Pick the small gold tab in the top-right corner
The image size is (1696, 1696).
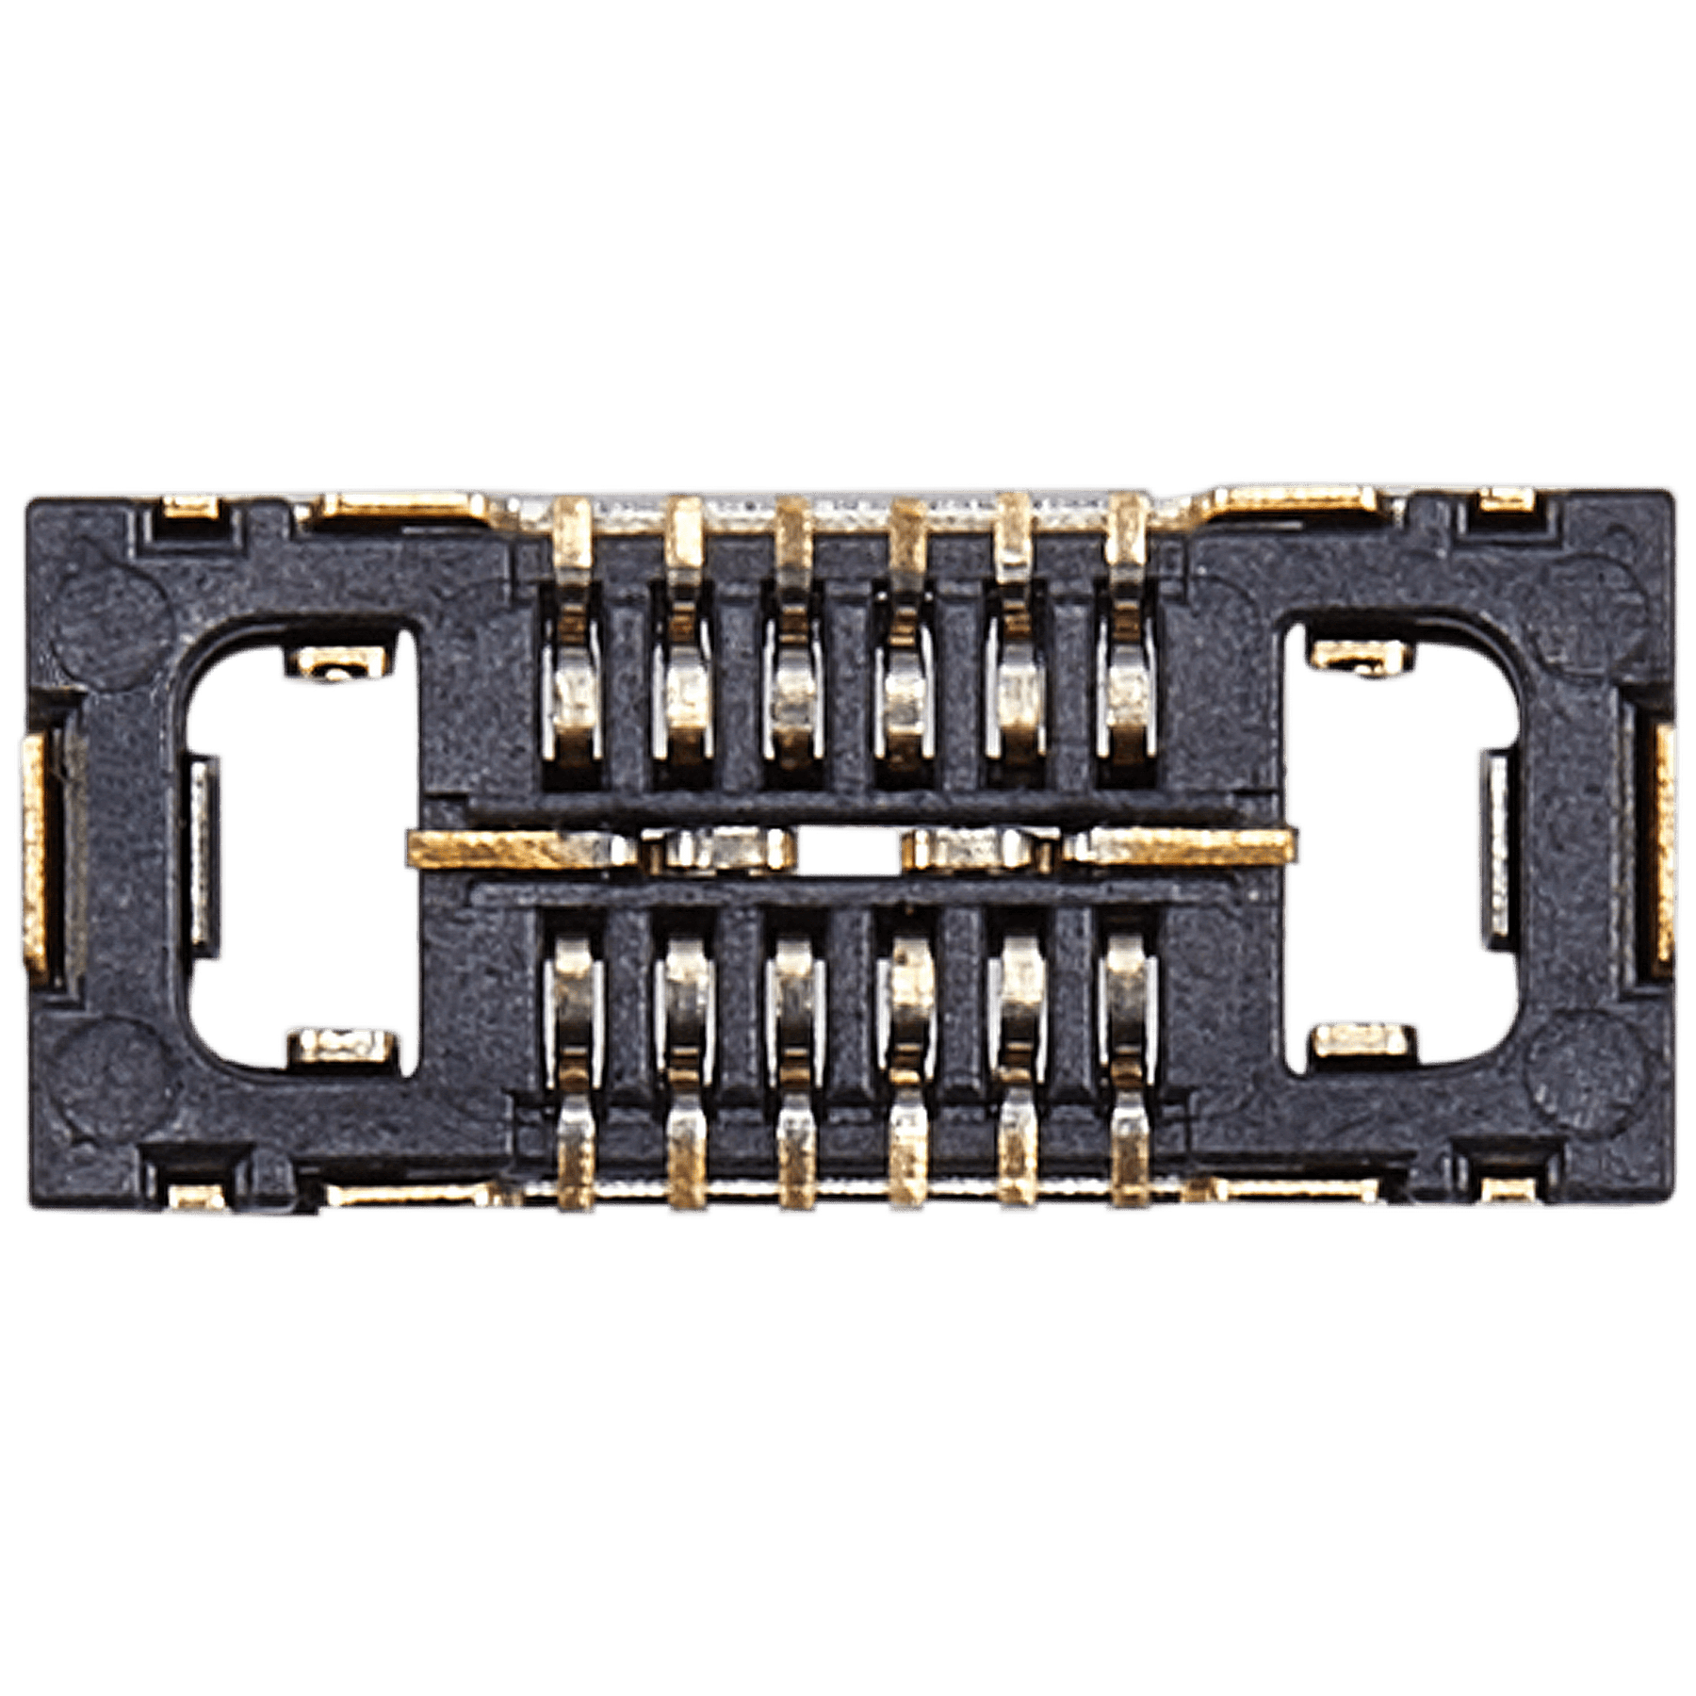tap(1504, 509)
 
